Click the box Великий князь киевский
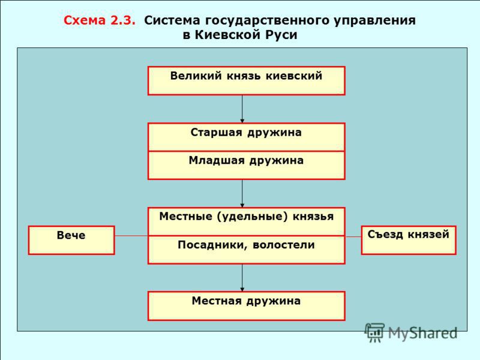(246, 80)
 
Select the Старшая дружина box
(246, 137)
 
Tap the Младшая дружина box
(246, 165)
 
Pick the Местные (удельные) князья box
(246, 221)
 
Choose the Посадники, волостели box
(246, 250)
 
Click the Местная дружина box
(246, 305)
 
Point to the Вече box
(71, 240)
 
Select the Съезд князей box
(408, 240)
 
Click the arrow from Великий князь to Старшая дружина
(242, 109)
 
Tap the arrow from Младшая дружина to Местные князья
(242, 193)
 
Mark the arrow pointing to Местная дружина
(242, 278)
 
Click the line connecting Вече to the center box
(131, 236)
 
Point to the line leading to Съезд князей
(353, 236)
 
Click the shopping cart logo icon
(375, 332)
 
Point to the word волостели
(285, 245)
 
